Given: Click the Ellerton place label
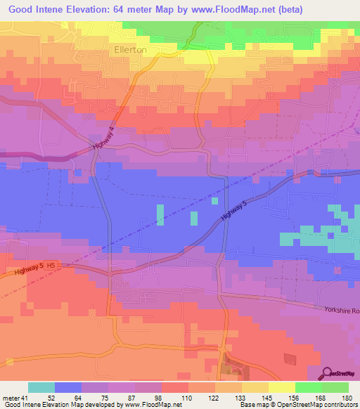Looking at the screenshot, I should [x=130, y=51].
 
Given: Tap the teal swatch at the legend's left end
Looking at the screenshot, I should [x=41, y=387].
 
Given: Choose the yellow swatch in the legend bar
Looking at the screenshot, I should [x=281, y=387].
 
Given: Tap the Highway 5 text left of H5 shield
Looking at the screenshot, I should [x=28, y=271].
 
